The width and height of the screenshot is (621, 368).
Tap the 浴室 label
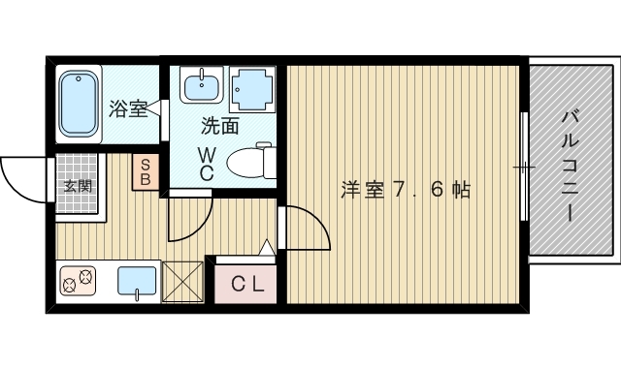[129, 108]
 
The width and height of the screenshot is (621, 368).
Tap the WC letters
[208, 163]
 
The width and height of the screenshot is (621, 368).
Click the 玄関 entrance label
[78, 185]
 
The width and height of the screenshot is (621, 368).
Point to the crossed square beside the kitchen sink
[181, 282]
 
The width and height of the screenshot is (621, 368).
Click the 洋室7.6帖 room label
[405, 190]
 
